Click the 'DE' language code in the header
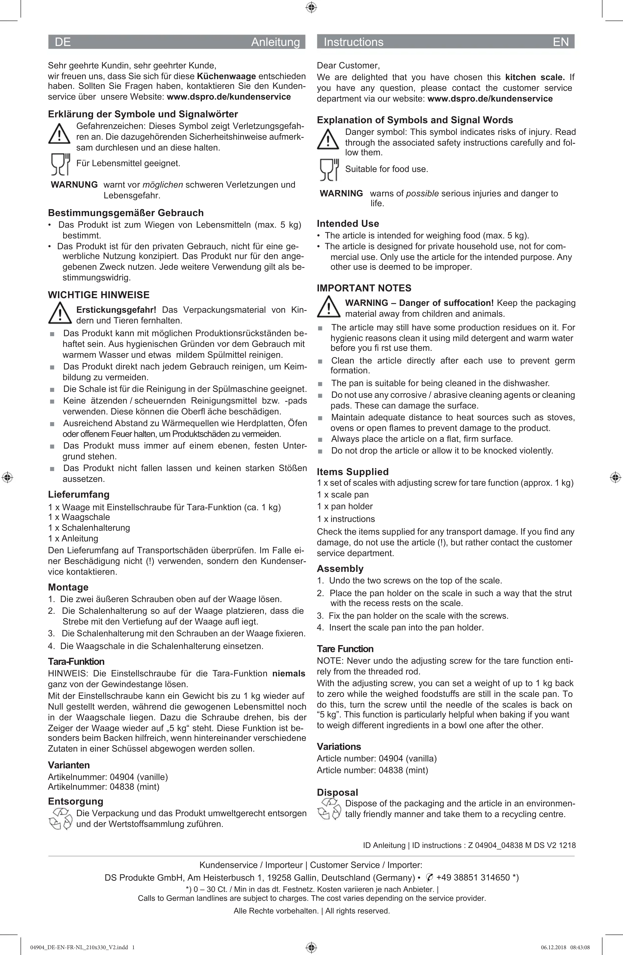[63, 42]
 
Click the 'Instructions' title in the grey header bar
[353, 42]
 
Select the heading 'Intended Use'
[348, 224]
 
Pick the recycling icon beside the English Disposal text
[329, 809]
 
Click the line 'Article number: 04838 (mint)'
[372, 770]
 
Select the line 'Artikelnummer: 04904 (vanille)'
[108, 777]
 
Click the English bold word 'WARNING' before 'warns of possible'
[341, 193]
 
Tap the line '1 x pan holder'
[345, 506]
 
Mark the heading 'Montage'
[68, 587]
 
